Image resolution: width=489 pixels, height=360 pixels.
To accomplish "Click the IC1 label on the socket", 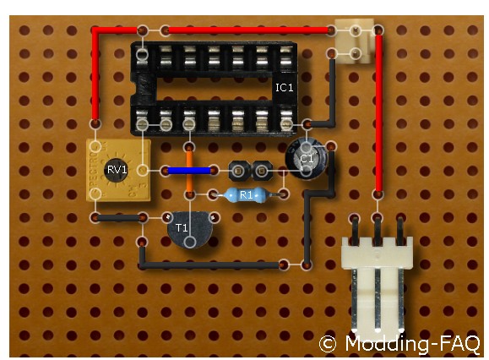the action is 284,87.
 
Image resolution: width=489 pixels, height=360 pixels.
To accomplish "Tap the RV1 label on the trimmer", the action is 117,170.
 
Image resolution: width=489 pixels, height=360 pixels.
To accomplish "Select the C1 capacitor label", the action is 307,159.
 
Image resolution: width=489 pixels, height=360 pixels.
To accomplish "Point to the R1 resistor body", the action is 246,195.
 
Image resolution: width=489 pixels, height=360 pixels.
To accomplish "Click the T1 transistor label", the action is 182,227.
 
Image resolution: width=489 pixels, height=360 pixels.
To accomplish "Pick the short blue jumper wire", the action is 189,171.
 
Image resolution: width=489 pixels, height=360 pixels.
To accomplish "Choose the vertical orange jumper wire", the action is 189,171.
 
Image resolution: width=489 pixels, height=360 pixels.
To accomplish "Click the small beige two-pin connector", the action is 356,41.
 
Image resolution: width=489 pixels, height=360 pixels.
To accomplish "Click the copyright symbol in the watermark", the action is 328,344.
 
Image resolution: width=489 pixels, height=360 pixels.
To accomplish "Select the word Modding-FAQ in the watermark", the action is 412,343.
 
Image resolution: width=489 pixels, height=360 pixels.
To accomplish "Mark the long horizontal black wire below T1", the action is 211,265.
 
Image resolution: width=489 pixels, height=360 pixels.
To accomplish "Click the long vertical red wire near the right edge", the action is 379,113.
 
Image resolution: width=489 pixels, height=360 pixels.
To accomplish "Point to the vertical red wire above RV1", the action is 95,75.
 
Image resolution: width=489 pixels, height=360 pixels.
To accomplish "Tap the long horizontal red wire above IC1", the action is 247,30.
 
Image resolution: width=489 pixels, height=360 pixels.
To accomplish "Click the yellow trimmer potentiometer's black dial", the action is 116,170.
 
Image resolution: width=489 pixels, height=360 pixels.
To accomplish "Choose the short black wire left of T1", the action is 119,218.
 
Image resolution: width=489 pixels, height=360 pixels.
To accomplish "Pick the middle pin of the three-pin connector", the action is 378,231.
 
